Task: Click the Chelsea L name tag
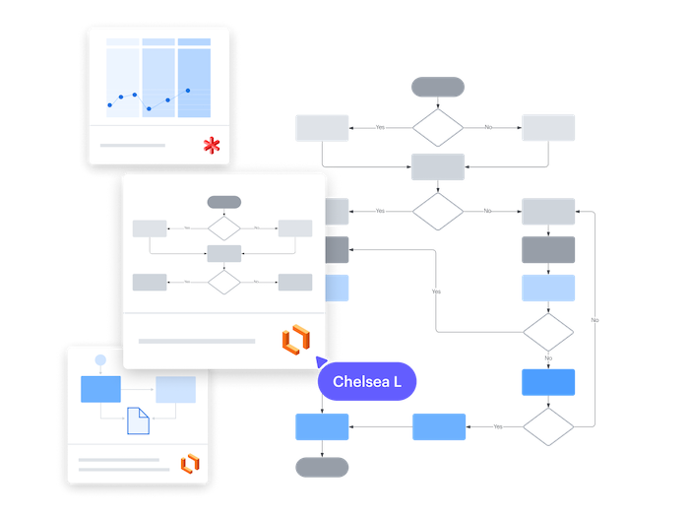(x=367, y=381)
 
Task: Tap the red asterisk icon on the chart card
(x=211, y=146)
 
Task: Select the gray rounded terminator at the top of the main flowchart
(x=436, y=87)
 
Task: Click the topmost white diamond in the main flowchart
(x=436, y=128)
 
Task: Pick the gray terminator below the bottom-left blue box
(x=322, y=467)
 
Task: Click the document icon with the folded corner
(x=138, y=420)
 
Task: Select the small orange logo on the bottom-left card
(x=189, y=463)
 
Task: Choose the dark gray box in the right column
(x=548, y=250)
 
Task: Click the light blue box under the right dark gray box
(x=548, y=289)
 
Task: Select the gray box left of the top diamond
(x=322, y=128)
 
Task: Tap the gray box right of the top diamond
(x=548, y=128)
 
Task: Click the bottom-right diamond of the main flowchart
(x=548, y=426)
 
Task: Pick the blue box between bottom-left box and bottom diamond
(x=439, y=426)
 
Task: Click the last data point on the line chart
(x=189, y=90)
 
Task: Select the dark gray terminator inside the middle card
(x=223, y=202)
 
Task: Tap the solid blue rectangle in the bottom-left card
(x=99, y=389)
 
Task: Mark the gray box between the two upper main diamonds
(x=436, y=167)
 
